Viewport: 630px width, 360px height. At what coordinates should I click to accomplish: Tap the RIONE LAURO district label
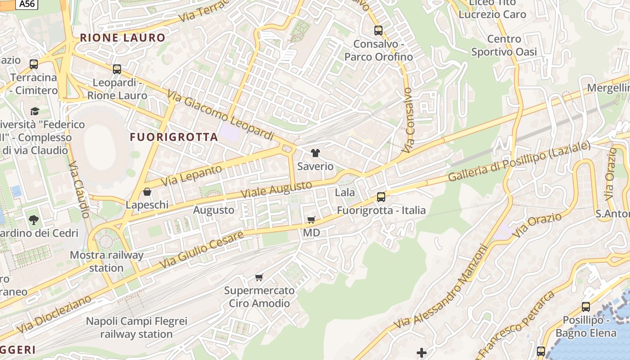tap(123, 38)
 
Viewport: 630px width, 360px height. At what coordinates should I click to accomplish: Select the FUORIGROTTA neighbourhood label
tap(174, 137)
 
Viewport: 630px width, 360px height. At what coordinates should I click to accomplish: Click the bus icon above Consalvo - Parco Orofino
tap(378, 31)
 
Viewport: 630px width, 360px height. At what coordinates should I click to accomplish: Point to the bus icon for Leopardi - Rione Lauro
tap(117, 69)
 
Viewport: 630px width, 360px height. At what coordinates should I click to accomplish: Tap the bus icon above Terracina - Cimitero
tap(34, 64)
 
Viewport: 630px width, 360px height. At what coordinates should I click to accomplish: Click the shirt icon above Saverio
tap(315, 153)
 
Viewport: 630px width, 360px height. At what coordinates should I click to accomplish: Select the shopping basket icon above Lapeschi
tap(147, 192)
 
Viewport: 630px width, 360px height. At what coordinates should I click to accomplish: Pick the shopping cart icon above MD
tap(311, 220)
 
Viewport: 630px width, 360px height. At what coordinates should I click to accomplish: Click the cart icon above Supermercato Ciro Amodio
tap(259, 277)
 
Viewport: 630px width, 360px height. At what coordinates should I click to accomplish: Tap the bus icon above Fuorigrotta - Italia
tap(381, 197)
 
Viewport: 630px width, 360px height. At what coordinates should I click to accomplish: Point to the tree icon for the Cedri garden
tap(34, 220)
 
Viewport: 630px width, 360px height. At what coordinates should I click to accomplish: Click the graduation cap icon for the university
tap(35, 111)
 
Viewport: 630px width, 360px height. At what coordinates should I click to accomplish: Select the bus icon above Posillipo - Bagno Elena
tap(585, 307)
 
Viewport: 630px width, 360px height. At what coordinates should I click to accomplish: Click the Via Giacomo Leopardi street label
tap(220, 115)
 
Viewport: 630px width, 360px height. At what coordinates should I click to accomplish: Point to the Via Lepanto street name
tap(191, 175)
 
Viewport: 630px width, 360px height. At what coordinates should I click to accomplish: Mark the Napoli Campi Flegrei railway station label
tap(136, 328)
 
